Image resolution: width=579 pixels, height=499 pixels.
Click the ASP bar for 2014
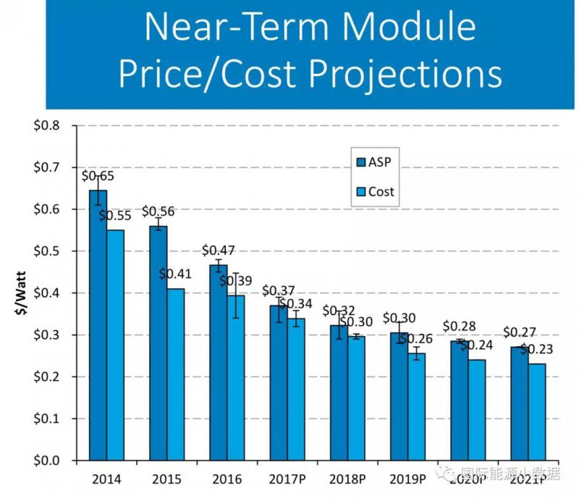tap(98, 325)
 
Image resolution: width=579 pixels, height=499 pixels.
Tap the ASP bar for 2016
tap(218, 362)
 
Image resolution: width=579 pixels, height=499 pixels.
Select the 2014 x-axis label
tap(106, 479)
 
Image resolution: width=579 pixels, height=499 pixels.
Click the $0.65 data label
tap(98, 175)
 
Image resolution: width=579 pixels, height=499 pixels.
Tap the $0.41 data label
tap(175, 274)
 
